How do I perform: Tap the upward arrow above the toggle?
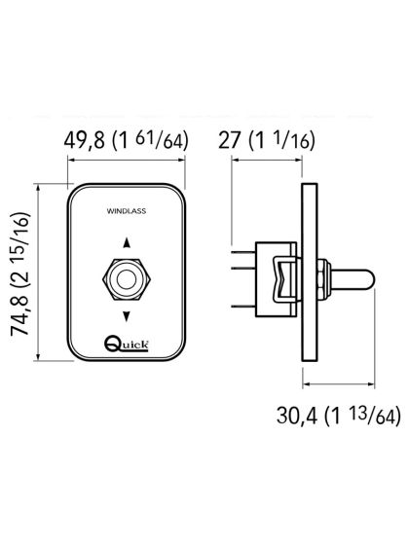tap(125, 246)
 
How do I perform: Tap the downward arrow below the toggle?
tap(125, 315)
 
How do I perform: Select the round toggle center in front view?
tap(125, 281)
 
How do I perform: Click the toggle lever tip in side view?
tap(361, 279)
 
